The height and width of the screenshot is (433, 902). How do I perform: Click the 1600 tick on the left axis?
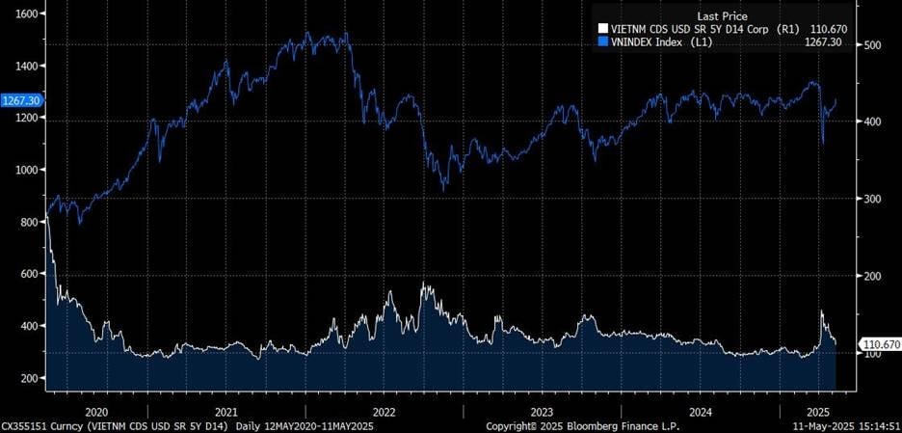[23, 14]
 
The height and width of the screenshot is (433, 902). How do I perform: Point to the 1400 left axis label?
[23, 66]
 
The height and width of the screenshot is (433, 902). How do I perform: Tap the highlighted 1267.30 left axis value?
[20, 100]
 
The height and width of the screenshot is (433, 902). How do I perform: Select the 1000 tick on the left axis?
[23, 170]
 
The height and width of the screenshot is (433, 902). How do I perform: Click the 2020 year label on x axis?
[97, 409]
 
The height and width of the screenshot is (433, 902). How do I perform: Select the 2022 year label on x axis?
[385, 409]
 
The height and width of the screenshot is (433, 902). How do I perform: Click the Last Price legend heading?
[721, 16]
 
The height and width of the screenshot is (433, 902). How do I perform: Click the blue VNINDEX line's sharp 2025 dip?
[822, 144]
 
